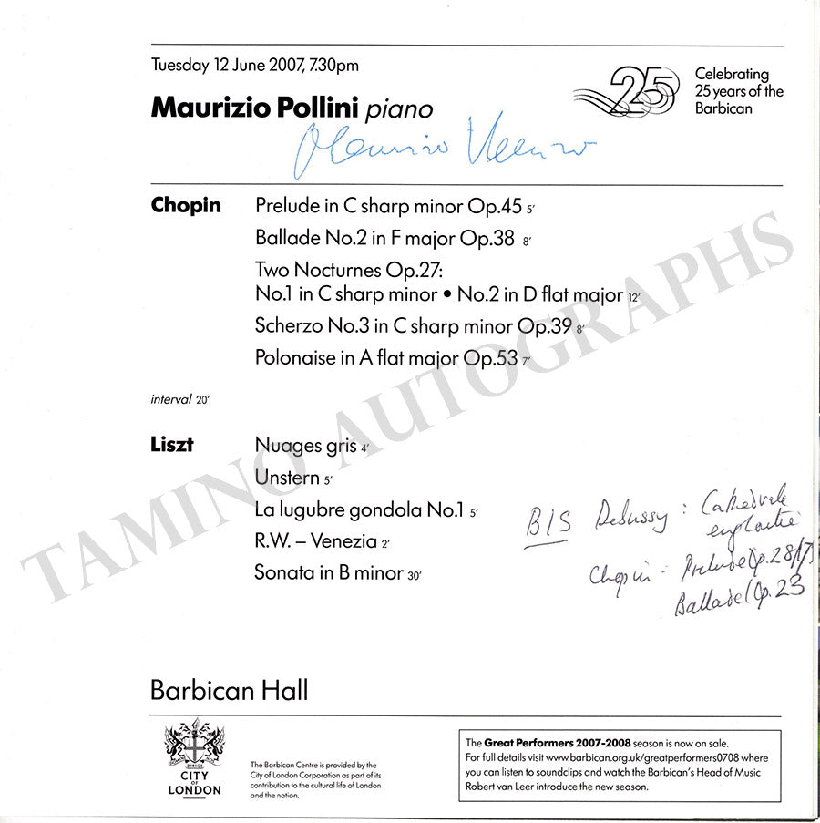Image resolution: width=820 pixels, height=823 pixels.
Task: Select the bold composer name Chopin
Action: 186,205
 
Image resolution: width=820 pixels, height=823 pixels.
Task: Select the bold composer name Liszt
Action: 171,446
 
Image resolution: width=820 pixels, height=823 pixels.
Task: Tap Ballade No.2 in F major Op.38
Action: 385,239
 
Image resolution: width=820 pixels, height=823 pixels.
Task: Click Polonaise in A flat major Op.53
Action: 386,358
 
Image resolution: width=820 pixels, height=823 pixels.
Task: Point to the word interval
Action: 171,399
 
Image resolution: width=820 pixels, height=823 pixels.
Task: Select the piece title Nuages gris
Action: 306,447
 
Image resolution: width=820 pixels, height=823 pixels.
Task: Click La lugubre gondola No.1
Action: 360,510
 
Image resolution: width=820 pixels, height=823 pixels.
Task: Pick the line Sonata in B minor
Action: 329,573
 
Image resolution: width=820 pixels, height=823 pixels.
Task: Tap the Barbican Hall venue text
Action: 229,690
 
